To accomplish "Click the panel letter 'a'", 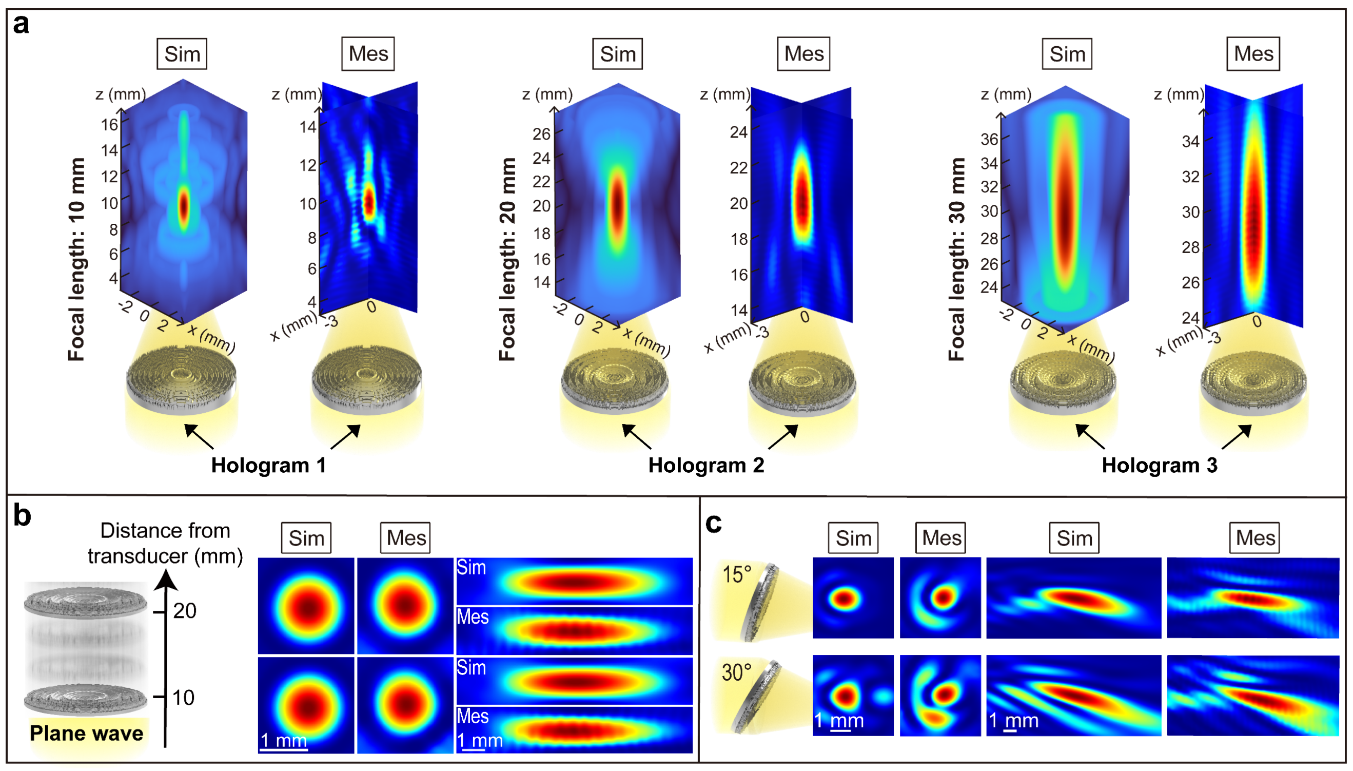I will [x=21, y=25].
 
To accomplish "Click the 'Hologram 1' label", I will [x=268, y=466].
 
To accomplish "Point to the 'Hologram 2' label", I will [x=706, y=466].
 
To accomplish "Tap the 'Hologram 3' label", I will [x=1160, y=466].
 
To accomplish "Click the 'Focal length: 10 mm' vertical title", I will [x=76, y=259].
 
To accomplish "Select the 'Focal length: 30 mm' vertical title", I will [x=956, y=259].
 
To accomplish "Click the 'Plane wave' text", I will [x=86, y=734].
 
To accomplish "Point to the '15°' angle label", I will [x=737, y=574].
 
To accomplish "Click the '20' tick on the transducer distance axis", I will [x=185, y=611].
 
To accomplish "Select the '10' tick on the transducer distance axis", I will [x=183, y=698].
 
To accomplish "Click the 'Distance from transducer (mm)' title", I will [x=165, y=543].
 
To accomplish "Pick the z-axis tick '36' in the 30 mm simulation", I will [x=989, y=139].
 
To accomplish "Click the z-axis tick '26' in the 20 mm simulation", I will [x=541, y=134].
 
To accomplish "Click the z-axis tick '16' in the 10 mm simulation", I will [x=109, y=125].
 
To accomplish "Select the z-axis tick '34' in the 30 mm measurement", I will [x=1190, y=141].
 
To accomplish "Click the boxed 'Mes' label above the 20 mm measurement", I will [x=803, y=53].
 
